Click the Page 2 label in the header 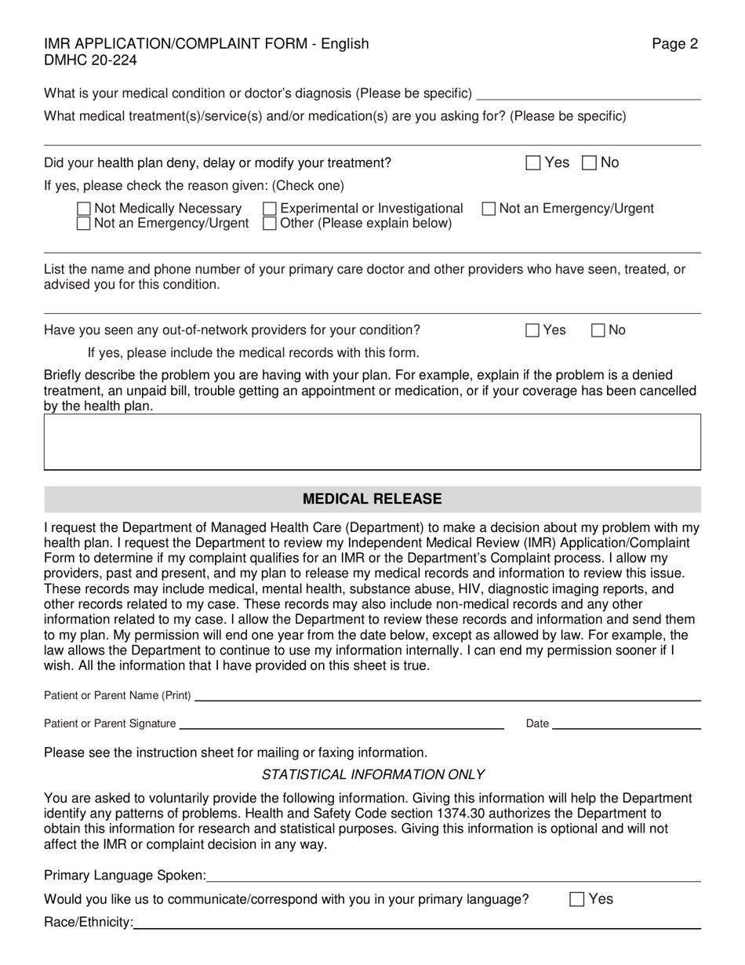(x=674, y=44)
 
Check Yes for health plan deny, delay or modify (x=533, y=163)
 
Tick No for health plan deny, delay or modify (x=590, y=163)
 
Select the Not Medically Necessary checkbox (x=84, y=209)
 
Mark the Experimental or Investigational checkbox (x=270, y=209)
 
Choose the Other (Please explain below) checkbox (x=270, y=224)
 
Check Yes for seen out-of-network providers (x=533, y=330)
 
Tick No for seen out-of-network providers (x=598, y=330)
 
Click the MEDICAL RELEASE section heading (x=372, y=499)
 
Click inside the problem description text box (x=372, y=442)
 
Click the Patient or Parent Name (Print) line (x=447, y=697)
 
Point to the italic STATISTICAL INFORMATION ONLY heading (x=372, y=774)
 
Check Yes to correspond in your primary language (x=577, y=900)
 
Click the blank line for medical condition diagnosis (x=588, y=96)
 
